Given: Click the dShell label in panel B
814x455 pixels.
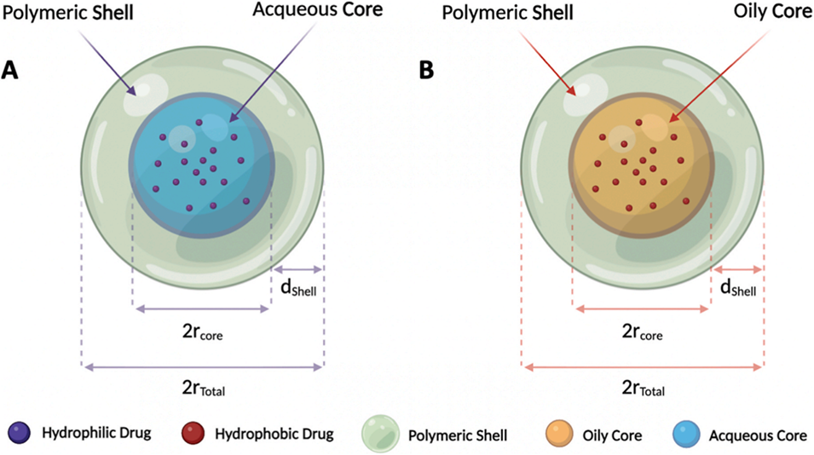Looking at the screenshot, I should pyautogui.click(x=738, y=291).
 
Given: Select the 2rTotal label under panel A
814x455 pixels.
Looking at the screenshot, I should pyautogui.click(x=203, y=390).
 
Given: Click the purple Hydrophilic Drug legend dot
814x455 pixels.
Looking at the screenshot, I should pyautogui.click(x=19, y=434).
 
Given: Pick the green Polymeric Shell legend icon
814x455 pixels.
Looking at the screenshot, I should pyautogui.click(x=379, y=434).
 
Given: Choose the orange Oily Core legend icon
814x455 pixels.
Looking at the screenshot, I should pyautogui.click(x=558, y=434).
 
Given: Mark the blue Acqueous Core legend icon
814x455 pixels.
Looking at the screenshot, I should pyautogui.click(x=690, y=434).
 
